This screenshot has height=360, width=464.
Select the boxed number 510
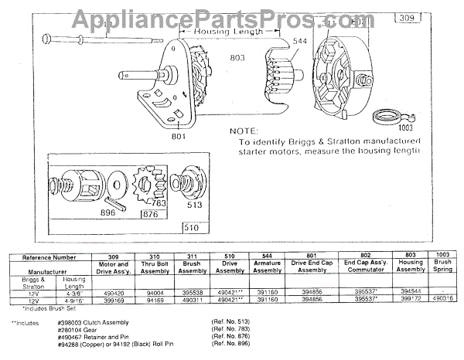pyautogui.click(x=193, y=228)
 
